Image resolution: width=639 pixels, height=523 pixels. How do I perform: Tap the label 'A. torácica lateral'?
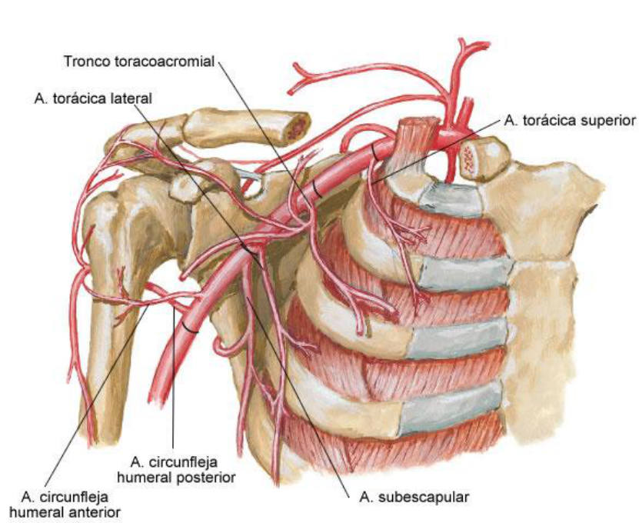click(94, 98)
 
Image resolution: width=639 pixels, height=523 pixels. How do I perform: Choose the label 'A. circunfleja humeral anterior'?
click(72, 501)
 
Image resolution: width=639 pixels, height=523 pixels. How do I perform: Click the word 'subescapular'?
click(421, 496)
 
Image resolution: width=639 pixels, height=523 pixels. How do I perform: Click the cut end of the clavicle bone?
click(295, 125)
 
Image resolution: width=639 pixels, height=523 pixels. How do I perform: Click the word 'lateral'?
click(134, 98)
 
